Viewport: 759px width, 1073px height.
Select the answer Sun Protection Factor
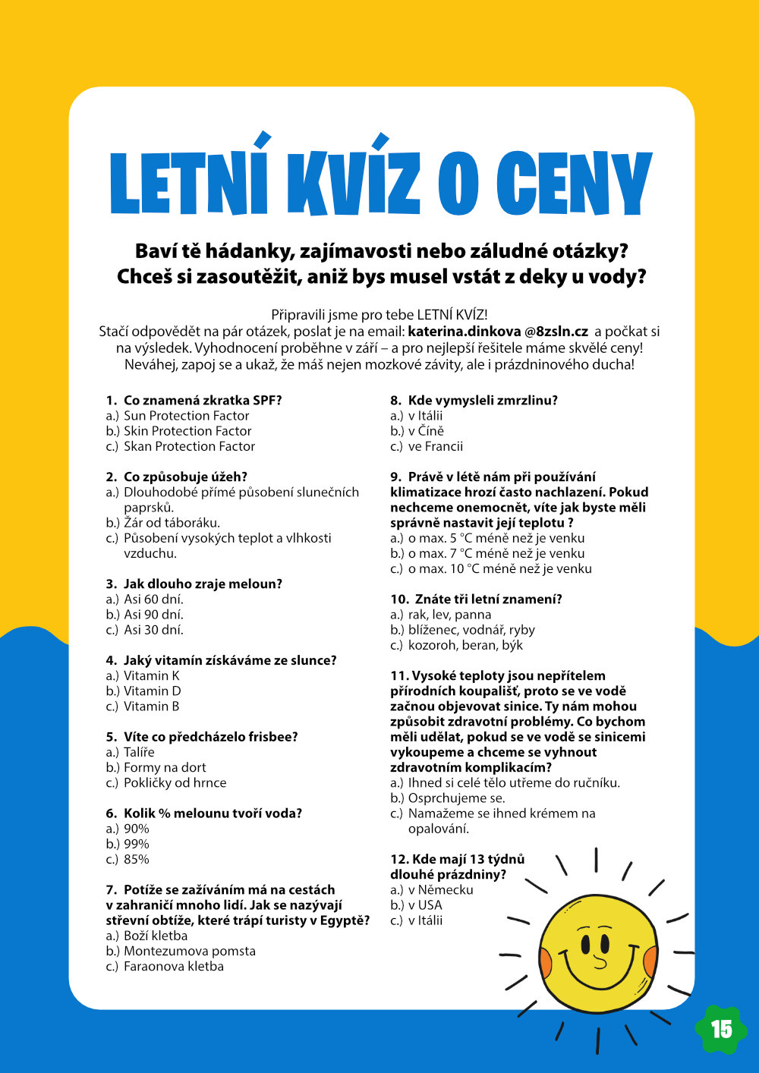186,416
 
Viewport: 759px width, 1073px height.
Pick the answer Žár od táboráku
172,523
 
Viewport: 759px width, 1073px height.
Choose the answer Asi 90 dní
153,615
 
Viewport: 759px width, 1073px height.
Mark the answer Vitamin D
152,691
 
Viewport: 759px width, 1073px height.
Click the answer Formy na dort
165,768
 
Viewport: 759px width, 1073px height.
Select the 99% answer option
137,844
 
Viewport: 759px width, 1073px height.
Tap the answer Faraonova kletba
174,967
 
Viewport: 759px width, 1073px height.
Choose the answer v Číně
426,431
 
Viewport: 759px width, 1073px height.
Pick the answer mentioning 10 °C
499,569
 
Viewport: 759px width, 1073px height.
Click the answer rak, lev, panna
449,615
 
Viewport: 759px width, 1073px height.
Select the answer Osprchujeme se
456,798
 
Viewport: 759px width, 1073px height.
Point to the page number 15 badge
721,1029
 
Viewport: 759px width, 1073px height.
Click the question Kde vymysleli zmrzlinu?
482,401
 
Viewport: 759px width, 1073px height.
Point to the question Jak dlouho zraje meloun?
202,584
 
